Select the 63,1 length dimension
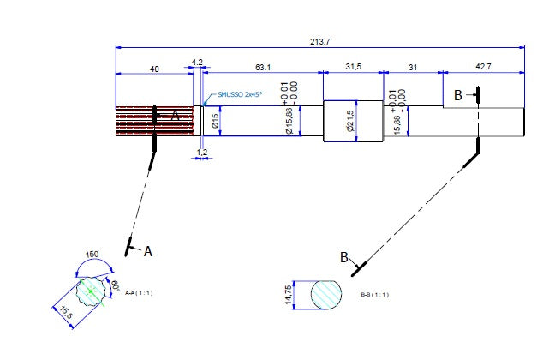[262, 66]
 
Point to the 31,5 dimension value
[353, 66]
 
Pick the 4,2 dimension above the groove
[197, 63]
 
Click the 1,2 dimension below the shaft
[202, 152]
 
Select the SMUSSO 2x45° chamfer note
[240, 94]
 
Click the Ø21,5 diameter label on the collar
[349, 121]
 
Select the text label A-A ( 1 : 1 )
[139, 294]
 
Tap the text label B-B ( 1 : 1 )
[375, 295]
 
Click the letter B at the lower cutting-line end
[344, 256]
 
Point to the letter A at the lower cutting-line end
[147, 251]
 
